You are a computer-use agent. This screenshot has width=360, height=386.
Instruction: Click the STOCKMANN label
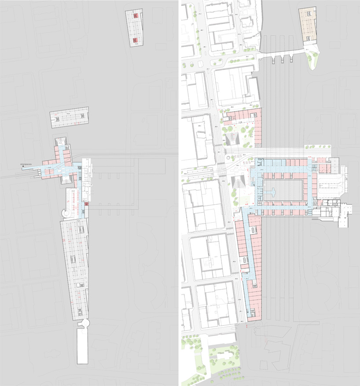(x=27, y=164)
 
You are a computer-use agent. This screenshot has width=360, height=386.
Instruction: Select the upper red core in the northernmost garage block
(x=136, y=16)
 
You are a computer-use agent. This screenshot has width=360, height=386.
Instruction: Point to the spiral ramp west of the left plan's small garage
(x=65, y=213)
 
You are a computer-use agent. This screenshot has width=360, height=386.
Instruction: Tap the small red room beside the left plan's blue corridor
(x=87, y=205)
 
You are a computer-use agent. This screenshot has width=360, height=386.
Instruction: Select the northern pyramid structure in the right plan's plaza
(x=233, y=141)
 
